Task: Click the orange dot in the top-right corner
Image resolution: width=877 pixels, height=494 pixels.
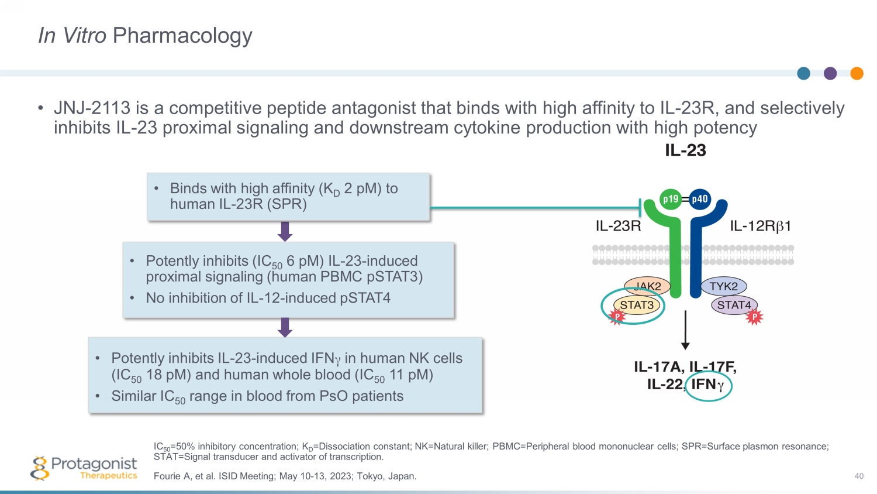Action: pos(857,73)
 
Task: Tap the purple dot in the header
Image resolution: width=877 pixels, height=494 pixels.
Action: pos(830,73)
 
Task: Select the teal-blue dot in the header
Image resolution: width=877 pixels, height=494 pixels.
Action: pos(804,73)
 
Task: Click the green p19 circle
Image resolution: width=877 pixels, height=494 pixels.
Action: pos(671,199)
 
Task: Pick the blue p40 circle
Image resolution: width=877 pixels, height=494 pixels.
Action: pos(700,199)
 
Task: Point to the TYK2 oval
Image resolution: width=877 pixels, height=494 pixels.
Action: pos(723,286)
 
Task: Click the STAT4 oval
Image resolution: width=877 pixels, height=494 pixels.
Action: pos(734,305)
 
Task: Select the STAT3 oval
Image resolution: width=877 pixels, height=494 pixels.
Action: pos(637,305)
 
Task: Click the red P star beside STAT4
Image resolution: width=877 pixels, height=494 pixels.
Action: pos(754,317)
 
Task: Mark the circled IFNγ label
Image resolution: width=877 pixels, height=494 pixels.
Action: pos(708,385)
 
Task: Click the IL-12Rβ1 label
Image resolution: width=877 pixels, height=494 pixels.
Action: pos(760,226)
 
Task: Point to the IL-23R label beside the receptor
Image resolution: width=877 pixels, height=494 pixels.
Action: pos(618,226)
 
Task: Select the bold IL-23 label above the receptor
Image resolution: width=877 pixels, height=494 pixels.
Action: pos(685,150)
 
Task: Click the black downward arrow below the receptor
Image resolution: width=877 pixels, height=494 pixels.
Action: pos(685,331)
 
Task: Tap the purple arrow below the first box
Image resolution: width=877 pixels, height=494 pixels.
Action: pos(285,231)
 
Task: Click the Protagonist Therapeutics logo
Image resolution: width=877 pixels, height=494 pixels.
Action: pos(85,468)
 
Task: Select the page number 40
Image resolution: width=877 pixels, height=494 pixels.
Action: pos(859,476)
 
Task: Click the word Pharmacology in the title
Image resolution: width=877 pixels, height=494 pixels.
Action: pos(182,36)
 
